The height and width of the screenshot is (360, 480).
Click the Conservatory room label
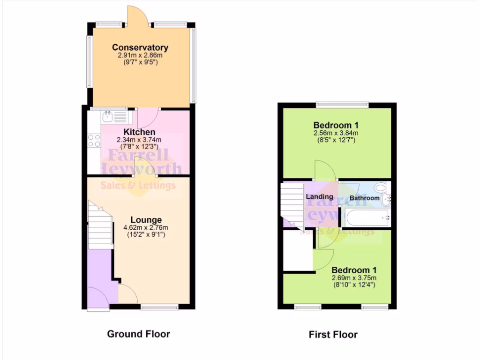[x=140, y=47]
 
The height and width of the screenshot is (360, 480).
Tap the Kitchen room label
[x=139, y=132]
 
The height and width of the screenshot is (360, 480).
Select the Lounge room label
[x=146, y=220]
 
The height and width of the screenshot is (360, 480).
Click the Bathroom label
[x=365, y=198]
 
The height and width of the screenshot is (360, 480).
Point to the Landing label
[x=319, y=197]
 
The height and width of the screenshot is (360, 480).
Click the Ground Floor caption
[x=138, y=334]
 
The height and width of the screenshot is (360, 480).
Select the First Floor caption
[x=333, y=334]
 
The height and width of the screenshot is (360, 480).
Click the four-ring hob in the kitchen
[x=94, y=141]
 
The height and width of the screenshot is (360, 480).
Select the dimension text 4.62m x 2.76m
[x=145, y=228]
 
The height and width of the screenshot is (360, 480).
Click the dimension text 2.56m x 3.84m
[x=336, y=133]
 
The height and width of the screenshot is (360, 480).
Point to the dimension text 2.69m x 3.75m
[x=354, y=278]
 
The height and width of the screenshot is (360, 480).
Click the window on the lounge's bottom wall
[x=159, y=307]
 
